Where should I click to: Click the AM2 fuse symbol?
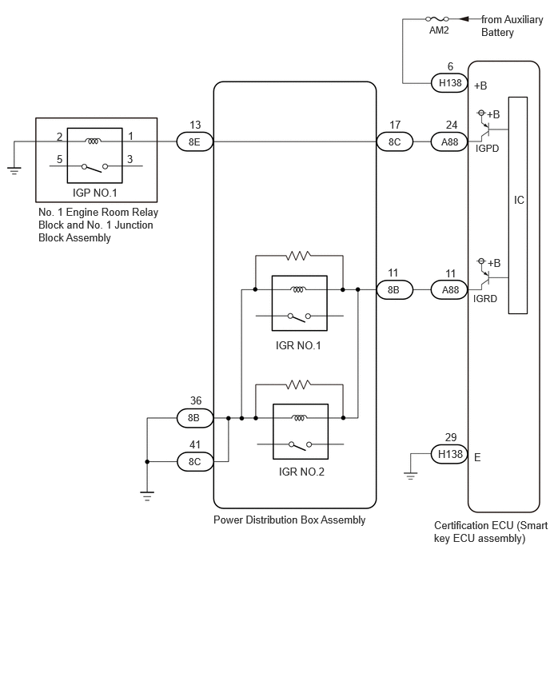(x=437, y=19)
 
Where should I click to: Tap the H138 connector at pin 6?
(x=449, y=83)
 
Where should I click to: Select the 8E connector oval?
(x=194, y=142)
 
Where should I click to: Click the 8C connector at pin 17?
(x=394, y=142)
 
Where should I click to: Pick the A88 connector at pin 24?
(x=449, y=142)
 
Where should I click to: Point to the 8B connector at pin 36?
(x=194, y=418)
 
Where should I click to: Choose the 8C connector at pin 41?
(x=194, y=462)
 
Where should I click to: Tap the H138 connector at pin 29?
(x=449, y=454)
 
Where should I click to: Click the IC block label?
(x=519, y=200)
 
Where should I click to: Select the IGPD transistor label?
(x=487, y=149)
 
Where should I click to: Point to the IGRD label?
(x=484, y=299)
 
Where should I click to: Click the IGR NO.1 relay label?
(x=298, y=346)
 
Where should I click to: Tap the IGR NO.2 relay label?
(x=301, y=472)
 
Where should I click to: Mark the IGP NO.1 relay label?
(x=94, y=193)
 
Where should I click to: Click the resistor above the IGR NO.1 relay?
(x=298, y=256)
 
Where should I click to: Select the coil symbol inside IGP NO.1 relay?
(x=93, y=141)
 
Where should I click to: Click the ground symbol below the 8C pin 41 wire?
(x=147, y=496)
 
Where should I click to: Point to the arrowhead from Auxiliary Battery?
(x=464, y=19)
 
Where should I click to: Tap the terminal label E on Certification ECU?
(x=477, y=458)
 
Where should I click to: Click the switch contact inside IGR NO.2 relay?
(x=301, y=445)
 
